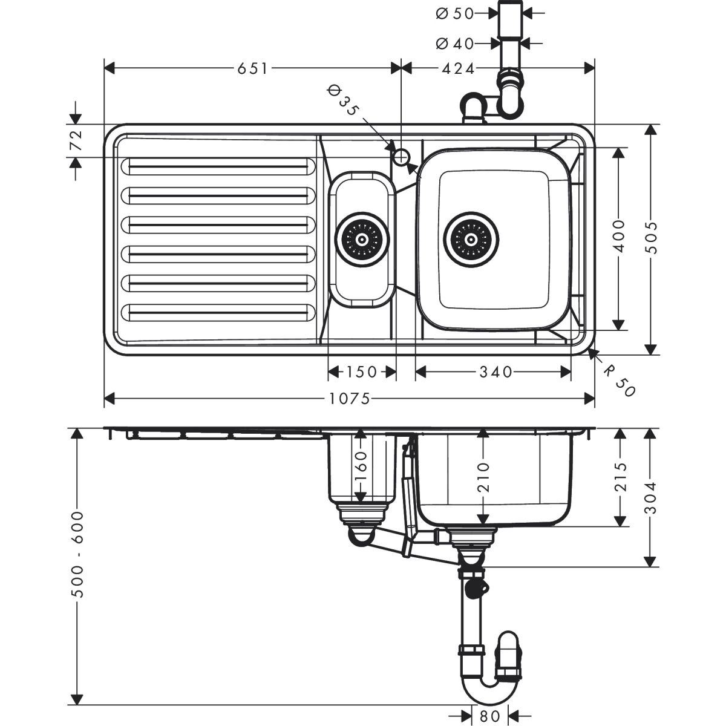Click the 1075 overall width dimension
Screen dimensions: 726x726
(x=350, y=398)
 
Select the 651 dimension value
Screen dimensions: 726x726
(x=252, y=68)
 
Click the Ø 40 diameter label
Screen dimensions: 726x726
(x=454, y=43)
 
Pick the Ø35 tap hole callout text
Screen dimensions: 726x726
(x=342, y=100)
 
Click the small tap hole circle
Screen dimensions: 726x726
(x=401, y=157)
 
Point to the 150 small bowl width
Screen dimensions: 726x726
(x=362, y=371)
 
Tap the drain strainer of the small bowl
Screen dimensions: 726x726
(x=362, y=238)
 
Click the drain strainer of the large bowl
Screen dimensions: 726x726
(x=472, y=238)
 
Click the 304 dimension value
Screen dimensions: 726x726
(x=651, y=497)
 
